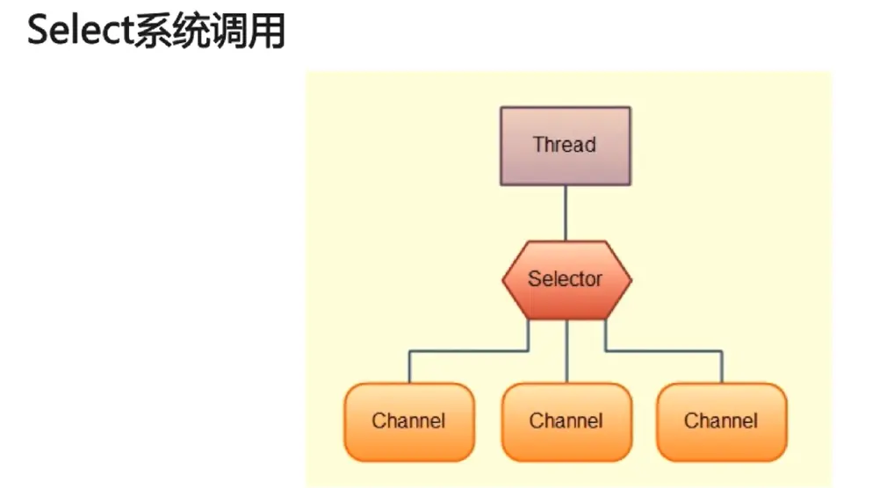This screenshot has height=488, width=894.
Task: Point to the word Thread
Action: pos(565,145)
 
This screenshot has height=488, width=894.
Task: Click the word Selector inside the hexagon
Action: pos(566,279)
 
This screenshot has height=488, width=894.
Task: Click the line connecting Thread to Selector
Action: pos(566,213)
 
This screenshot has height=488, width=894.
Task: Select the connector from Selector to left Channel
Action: pos(465,352)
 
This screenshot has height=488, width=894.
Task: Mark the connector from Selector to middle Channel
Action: pos(566,351)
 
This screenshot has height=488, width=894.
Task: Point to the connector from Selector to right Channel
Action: pos(667,352)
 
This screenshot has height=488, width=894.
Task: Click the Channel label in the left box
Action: pos(408,420)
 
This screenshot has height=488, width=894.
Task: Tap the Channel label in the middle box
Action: pos(566,420)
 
